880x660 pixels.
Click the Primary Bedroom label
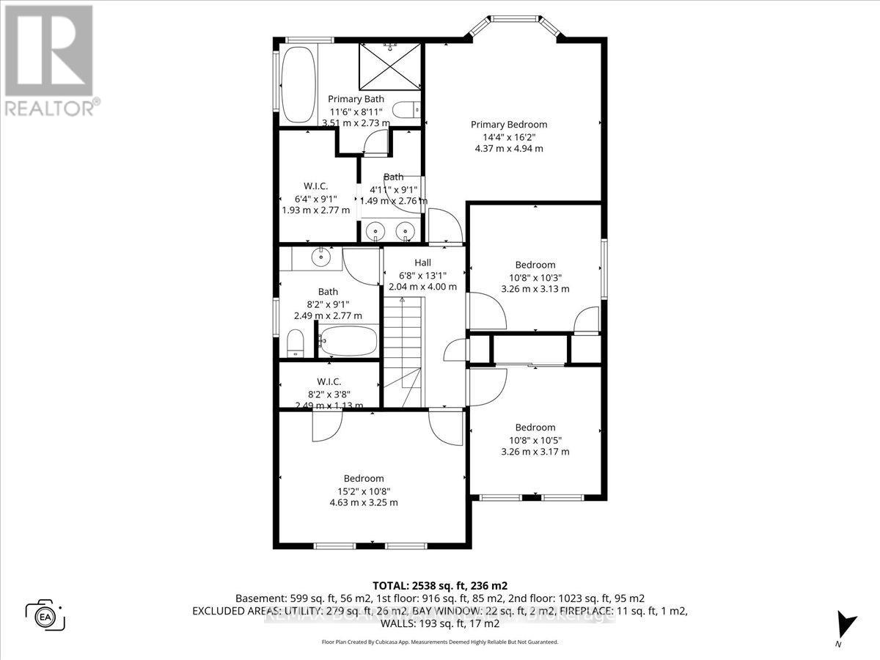[508, 124]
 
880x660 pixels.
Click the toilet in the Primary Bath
[406, 109]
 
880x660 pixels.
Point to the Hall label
[422, 262]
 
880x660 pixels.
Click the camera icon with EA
[45, 615]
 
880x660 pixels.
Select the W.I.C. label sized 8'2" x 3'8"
[329, 381]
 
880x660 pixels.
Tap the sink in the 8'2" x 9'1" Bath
[321, 257]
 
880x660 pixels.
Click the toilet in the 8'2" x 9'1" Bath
[296, 343]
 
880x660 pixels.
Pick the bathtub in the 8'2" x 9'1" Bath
[348, 341]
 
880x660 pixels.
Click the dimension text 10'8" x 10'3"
[535, 277]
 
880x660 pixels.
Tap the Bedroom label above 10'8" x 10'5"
[535, 428]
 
